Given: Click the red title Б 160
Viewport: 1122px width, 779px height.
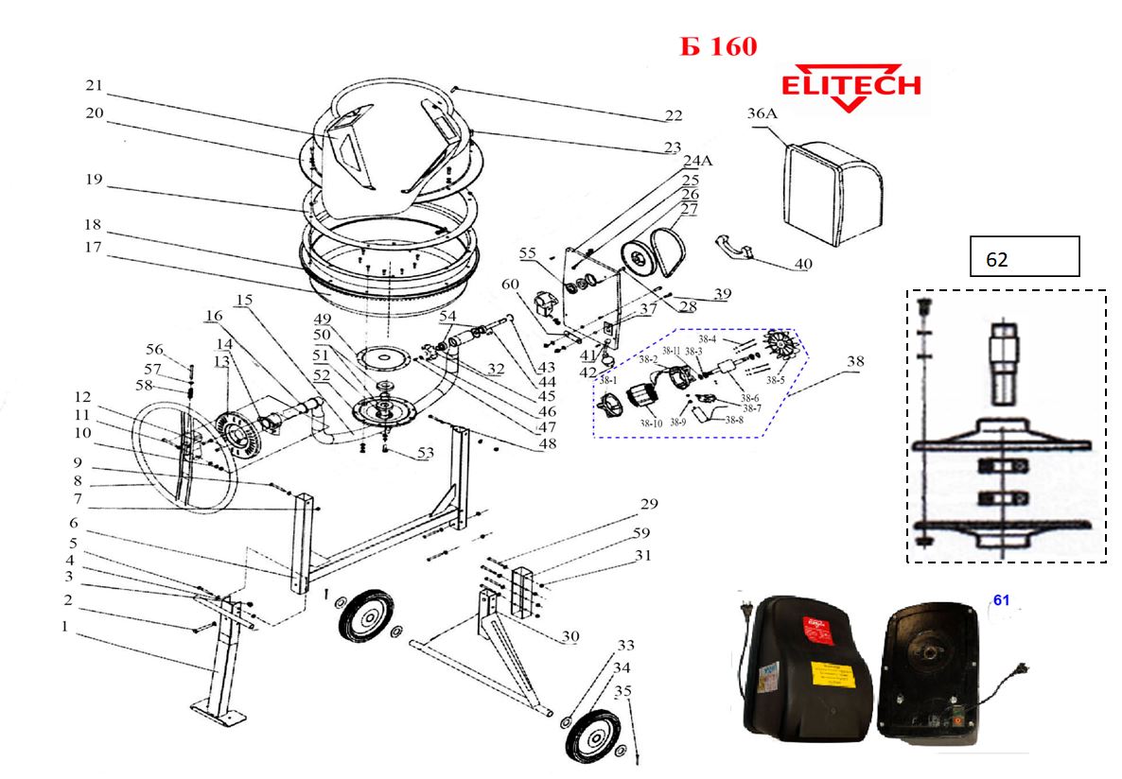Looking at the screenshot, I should click(718, 46).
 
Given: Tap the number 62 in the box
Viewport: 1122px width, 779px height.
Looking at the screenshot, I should click(996, 260).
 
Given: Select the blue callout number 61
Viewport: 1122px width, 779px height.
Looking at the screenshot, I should click(1002, 600).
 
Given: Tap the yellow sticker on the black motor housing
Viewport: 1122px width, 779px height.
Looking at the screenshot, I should click(829, 677).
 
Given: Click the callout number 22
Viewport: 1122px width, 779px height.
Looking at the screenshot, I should click(673, 116).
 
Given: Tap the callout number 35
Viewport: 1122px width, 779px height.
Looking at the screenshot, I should click(622, 691).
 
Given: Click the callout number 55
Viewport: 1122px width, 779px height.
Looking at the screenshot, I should click(527, 254).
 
